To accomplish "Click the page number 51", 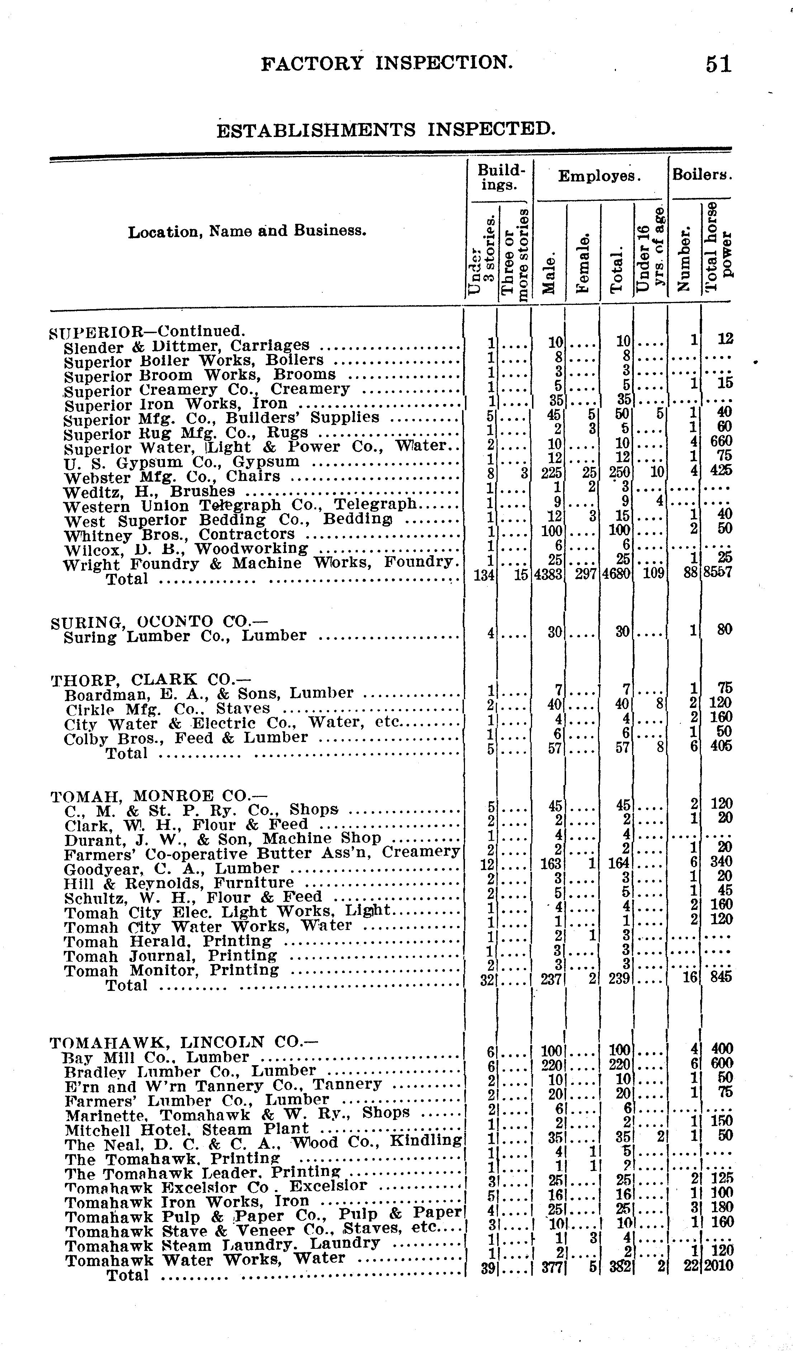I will coord(718,64).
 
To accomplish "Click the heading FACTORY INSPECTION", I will coord(387,63).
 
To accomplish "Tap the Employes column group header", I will coord(599,176).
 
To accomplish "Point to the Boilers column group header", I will coord(701,175).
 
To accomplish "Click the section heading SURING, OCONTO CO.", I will coord(151,623).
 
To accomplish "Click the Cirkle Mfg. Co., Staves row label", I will coord(167,709).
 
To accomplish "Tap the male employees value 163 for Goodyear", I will coord(551,863).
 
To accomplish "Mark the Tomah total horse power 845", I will coord(721,976).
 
